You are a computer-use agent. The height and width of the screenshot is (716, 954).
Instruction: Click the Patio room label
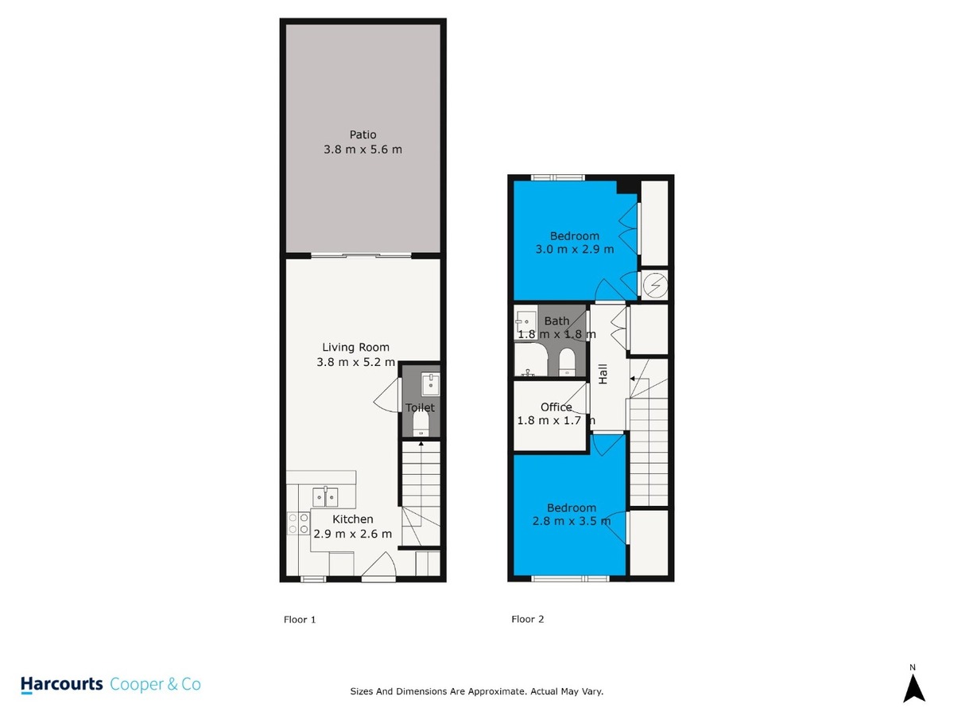363,134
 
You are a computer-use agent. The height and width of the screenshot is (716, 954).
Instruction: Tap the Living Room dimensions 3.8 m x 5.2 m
355,362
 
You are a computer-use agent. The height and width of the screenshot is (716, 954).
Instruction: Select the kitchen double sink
325,497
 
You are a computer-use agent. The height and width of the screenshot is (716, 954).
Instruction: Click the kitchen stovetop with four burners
298,523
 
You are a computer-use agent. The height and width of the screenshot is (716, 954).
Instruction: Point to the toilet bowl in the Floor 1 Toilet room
421,423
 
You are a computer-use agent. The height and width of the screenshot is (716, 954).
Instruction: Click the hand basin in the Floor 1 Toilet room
430,384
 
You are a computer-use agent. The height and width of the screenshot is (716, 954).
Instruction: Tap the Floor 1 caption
300,620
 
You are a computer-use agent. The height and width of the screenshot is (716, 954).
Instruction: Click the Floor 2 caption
527,619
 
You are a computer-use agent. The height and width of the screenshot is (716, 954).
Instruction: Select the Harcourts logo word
62,685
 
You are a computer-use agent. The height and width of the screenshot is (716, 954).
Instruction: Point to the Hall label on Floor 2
603,374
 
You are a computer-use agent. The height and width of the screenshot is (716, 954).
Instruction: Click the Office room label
556,407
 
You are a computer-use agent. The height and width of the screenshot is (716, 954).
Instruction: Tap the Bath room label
556,321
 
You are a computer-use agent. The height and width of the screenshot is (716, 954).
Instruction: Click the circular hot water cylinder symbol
655,286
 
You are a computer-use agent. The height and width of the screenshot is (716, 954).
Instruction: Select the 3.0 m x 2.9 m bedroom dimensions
574,250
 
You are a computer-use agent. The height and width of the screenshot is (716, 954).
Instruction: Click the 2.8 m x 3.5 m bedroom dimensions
571,521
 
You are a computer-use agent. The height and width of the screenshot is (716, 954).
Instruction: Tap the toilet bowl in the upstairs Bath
566,362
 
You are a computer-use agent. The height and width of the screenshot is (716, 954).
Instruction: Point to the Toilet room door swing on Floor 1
386,395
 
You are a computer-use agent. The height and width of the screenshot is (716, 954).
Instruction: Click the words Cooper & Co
155,684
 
